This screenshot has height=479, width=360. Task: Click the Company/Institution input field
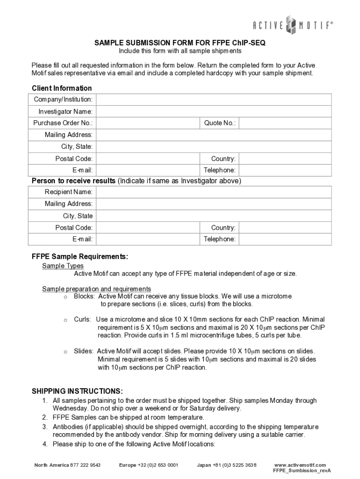[214, 100]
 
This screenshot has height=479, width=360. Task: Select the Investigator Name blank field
[214, 111]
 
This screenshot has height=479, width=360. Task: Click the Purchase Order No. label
[63, 123]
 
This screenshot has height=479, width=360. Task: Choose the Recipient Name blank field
[214, 192]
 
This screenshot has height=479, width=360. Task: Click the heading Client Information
[62, 88]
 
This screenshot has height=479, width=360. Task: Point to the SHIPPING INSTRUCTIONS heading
[77, 391]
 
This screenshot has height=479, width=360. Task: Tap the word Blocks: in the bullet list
[84, 297]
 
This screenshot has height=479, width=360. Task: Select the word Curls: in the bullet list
[82, 319]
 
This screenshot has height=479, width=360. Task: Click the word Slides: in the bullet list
[84, 351]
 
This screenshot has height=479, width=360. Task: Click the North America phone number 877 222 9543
[85, 465]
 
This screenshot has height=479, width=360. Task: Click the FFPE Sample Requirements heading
[79, 257]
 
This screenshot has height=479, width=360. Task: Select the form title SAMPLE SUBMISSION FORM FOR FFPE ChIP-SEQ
[180, 43]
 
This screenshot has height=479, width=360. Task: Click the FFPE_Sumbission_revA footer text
[302, 471]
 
